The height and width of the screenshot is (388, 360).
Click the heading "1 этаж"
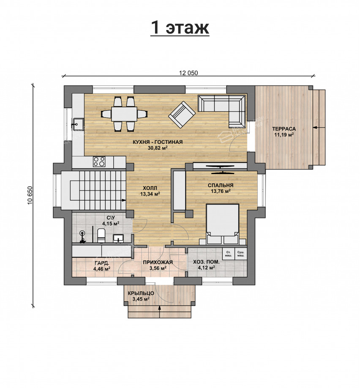tap(180, 27)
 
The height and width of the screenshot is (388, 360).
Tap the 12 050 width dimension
tap(188, 73)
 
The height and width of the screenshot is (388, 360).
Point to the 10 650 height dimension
tap(30, 195)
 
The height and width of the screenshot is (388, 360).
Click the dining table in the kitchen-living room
tap(124, 114)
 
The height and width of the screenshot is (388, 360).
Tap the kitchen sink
tap(78, 123)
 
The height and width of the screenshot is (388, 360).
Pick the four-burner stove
tap(99, 161)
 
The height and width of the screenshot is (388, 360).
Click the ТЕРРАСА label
tap(284, 129)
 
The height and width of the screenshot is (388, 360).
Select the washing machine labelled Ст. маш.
tap(228, 254)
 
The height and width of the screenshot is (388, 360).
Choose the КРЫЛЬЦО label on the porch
tap(141, 293)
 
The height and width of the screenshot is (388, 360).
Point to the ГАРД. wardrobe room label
tap(102, 263)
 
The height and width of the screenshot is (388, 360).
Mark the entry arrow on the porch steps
tap(160, 312)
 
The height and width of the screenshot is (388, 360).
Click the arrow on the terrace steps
tap(319, 127)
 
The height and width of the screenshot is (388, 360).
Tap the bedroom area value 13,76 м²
tap(221, 191)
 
